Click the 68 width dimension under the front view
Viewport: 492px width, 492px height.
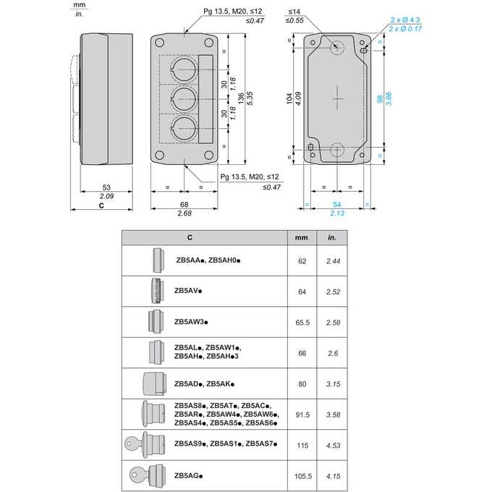(184, 205)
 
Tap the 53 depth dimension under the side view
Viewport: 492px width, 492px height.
(106, 187)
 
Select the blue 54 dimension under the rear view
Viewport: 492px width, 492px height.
(336, 205)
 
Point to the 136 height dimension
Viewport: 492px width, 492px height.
(241, 98)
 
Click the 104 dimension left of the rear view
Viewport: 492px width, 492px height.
(289, 98)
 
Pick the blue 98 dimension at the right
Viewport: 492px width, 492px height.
(380, 99)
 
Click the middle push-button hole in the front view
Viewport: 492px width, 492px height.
(184, 99)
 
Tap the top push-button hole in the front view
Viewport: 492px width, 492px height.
(184, 69)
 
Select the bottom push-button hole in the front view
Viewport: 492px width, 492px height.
(184, 128)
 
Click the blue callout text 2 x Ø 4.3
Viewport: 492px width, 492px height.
(405, 20)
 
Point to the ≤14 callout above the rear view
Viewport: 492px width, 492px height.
(294, 12)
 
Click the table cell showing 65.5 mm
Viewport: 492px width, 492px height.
(302, 323)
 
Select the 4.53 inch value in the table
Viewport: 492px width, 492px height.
(333, 446)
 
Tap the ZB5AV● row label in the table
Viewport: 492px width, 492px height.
(188, 291)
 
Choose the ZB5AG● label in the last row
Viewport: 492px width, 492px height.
(189, 475)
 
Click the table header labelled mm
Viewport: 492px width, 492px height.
(301, 238)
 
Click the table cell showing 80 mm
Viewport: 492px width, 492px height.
(302, 384)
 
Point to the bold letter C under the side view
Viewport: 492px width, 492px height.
(101, 205)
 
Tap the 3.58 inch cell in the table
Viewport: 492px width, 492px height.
(333, 415)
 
